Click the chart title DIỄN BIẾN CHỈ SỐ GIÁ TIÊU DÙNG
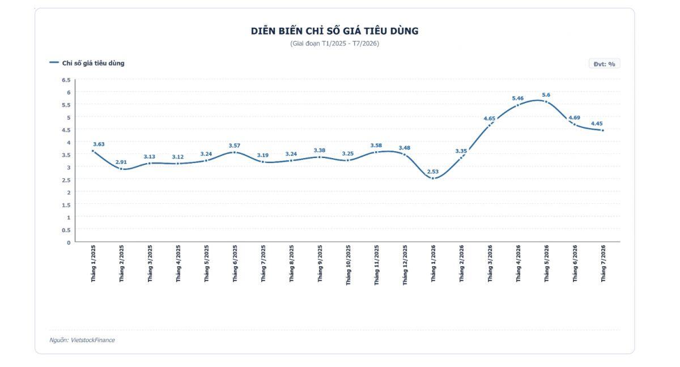[334, 31]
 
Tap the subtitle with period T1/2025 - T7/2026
[334, 44]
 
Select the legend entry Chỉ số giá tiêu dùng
[87, 63]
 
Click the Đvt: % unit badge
[604, 64]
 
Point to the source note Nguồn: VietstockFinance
[82, 340]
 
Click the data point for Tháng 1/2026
[433, 178]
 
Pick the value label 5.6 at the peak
[546, 95]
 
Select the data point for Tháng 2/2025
[121, 169]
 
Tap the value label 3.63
[99, 144]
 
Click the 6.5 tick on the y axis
[66, 80]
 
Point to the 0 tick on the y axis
[69, 242]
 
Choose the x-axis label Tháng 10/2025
[348, 265]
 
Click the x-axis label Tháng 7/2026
[603, 263]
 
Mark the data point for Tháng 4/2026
[518, 105]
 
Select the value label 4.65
[490, 118]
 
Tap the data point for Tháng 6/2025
[235, 152]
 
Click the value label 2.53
[433, 172]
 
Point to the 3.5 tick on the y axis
[66, 155]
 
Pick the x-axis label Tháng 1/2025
[93, 263]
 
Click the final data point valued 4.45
[603, 130]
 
